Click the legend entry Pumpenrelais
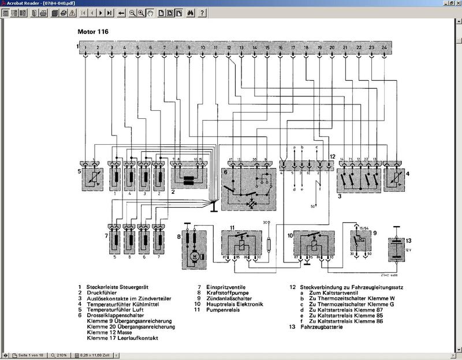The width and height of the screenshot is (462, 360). [x=221, y=310]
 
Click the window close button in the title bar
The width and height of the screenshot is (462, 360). [x=455, y=3]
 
